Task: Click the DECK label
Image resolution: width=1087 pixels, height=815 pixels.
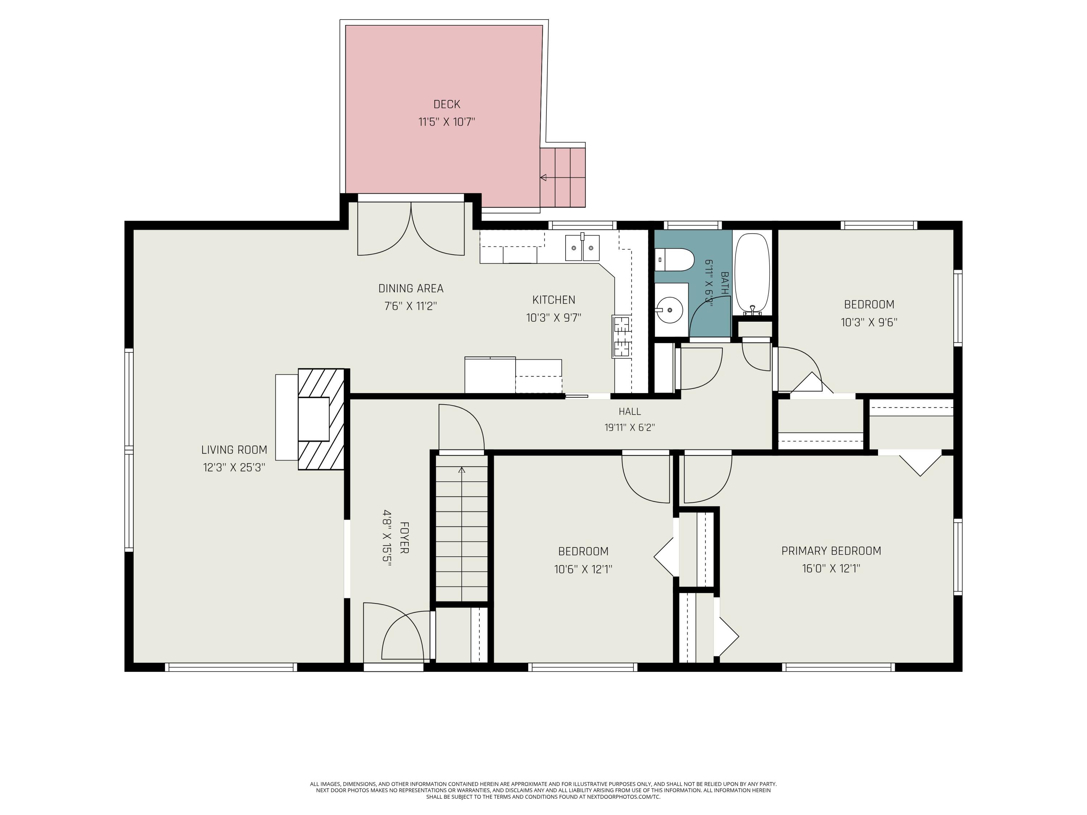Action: (x=447, y=104)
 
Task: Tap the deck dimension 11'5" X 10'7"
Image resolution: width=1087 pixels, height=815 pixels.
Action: (x=447, y=122)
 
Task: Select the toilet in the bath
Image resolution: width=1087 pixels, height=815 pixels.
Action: (x=675, y=260)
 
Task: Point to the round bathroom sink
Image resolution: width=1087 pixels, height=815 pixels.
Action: (x=670, y=310)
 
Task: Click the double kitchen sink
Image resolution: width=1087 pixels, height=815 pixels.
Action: (x=582, y=248)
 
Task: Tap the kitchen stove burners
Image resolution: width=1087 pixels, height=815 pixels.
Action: (x=622, y=336)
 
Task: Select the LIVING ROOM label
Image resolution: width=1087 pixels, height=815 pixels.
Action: (x=234, y=450)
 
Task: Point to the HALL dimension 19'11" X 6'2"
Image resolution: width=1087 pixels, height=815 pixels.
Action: (x=629, y=427)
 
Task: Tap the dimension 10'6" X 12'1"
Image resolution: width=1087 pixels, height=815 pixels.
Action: (x=583, y=569)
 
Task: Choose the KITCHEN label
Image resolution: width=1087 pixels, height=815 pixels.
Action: (x=554, y=300)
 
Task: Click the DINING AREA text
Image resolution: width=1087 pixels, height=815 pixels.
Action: (x=411, y=288)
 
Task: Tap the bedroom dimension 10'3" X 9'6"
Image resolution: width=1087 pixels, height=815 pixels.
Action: (x=869, y=322)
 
